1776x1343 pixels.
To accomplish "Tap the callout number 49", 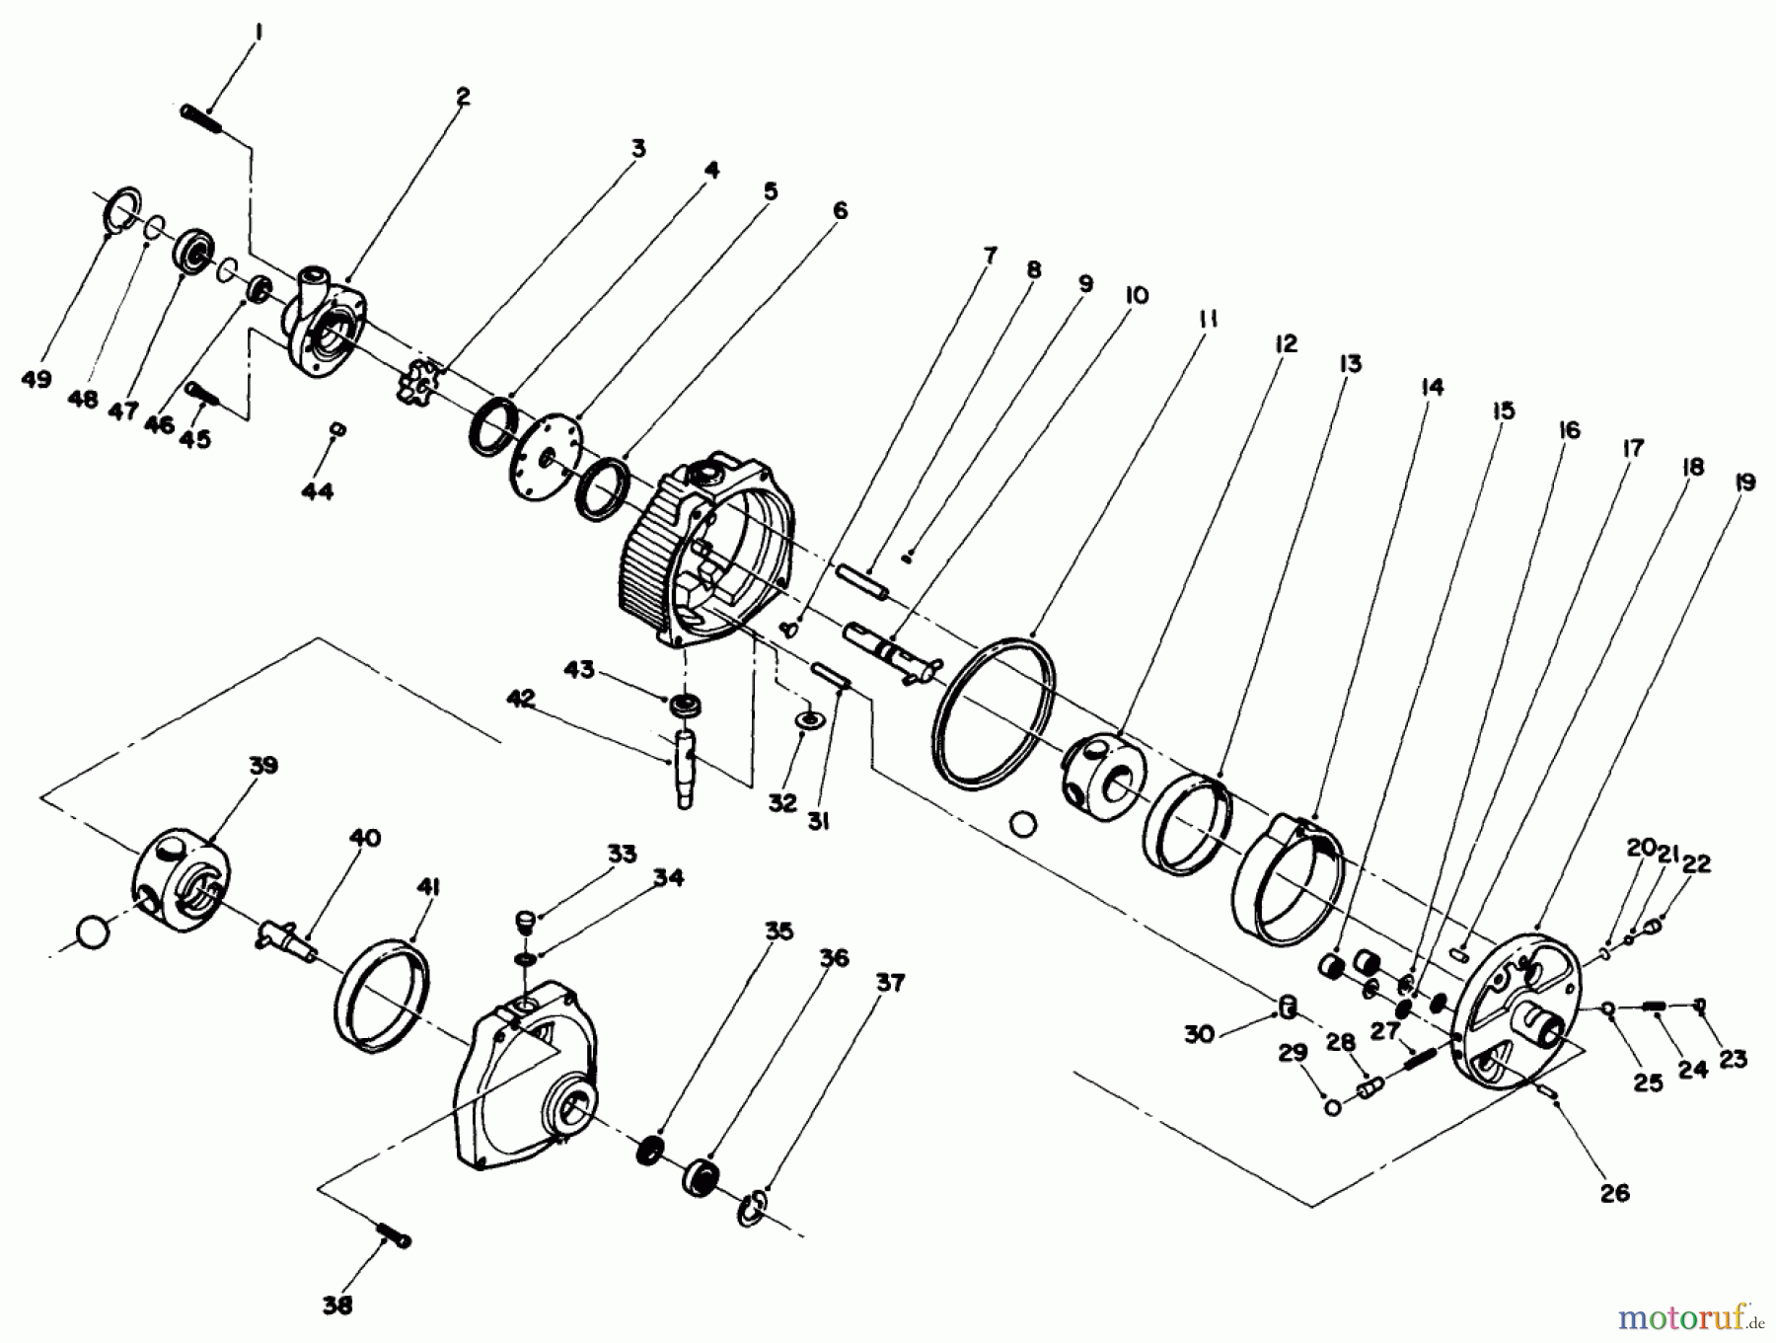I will pyautogui.click(x=36, y=379).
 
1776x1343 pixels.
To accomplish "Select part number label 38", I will pyautogui.click(x=337, y=1305).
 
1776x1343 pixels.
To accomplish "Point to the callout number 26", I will pyautogui.click(x=1614, y=1192).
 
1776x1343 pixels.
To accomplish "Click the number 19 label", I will pyautogui.click(x=1743, y=483).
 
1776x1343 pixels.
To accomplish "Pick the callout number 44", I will pyautogui.click(x=317, y=490).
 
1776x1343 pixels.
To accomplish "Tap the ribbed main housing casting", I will pyautogui.click(x=691, y=553).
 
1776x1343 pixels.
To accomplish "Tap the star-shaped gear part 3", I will pyautogui.click(x=422, y=388).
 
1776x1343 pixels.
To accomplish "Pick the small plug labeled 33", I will pyautogui.click(x=525, y=923).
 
